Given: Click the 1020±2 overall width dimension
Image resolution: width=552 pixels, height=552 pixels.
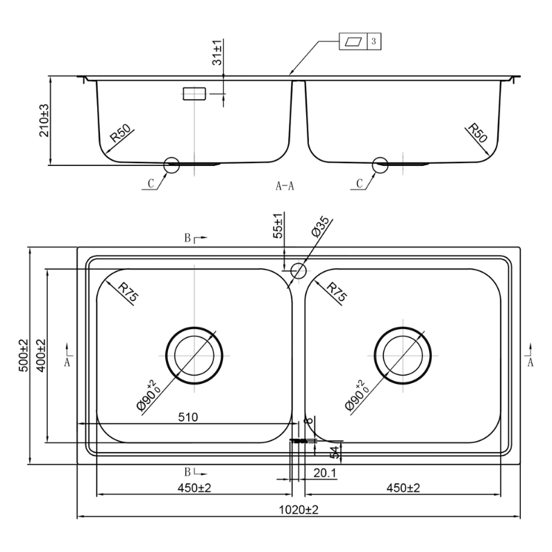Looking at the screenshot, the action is [x=299, y=510].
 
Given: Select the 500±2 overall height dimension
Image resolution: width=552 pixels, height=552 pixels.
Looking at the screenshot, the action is [x=23, y=356].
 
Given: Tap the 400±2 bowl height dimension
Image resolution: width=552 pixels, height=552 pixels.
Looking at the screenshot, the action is [x=41, y=356].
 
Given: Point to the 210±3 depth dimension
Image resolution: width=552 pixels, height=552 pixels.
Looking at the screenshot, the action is [x=44, y=121].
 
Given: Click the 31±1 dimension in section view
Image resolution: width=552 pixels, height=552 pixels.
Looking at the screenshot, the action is [x=217, y=53].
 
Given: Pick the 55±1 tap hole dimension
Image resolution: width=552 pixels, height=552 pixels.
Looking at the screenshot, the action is [x=278, y=226].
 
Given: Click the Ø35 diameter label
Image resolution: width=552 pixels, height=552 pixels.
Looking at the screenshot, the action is [x=320, y=227].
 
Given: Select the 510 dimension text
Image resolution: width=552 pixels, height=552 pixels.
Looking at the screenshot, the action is [x=188, y=417].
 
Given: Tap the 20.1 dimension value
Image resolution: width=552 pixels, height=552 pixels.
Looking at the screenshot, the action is [x=324, y=473].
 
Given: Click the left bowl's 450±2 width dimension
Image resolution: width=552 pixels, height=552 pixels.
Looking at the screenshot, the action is [x=194, y=488].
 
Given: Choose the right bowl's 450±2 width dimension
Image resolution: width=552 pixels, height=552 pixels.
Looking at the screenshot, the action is [x=403, y=488].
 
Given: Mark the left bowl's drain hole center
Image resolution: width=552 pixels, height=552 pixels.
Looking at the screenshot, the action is [x=194, y=356].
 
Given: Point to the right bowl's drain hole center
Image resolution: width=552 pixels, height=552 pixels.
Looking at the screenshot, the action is [x=403, y=356].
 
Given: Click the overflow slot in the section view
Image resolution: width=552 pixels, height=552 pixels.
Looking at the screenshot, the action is [x=194, y=94].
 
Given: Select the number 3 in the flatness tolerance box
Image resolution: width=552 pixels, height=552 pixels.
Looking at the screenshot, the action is [x=374, y=41].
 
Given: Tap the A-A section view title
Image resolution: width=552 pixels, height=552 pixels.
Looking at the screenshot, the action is [x=285, y=185].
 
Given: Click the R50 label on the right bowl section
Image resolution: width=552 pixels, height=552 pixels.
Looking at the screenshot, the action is [x=477, y=133].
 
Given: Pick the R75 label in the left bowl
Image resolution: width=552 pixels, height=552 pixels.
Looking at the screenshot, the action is [x=128, y=292].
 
